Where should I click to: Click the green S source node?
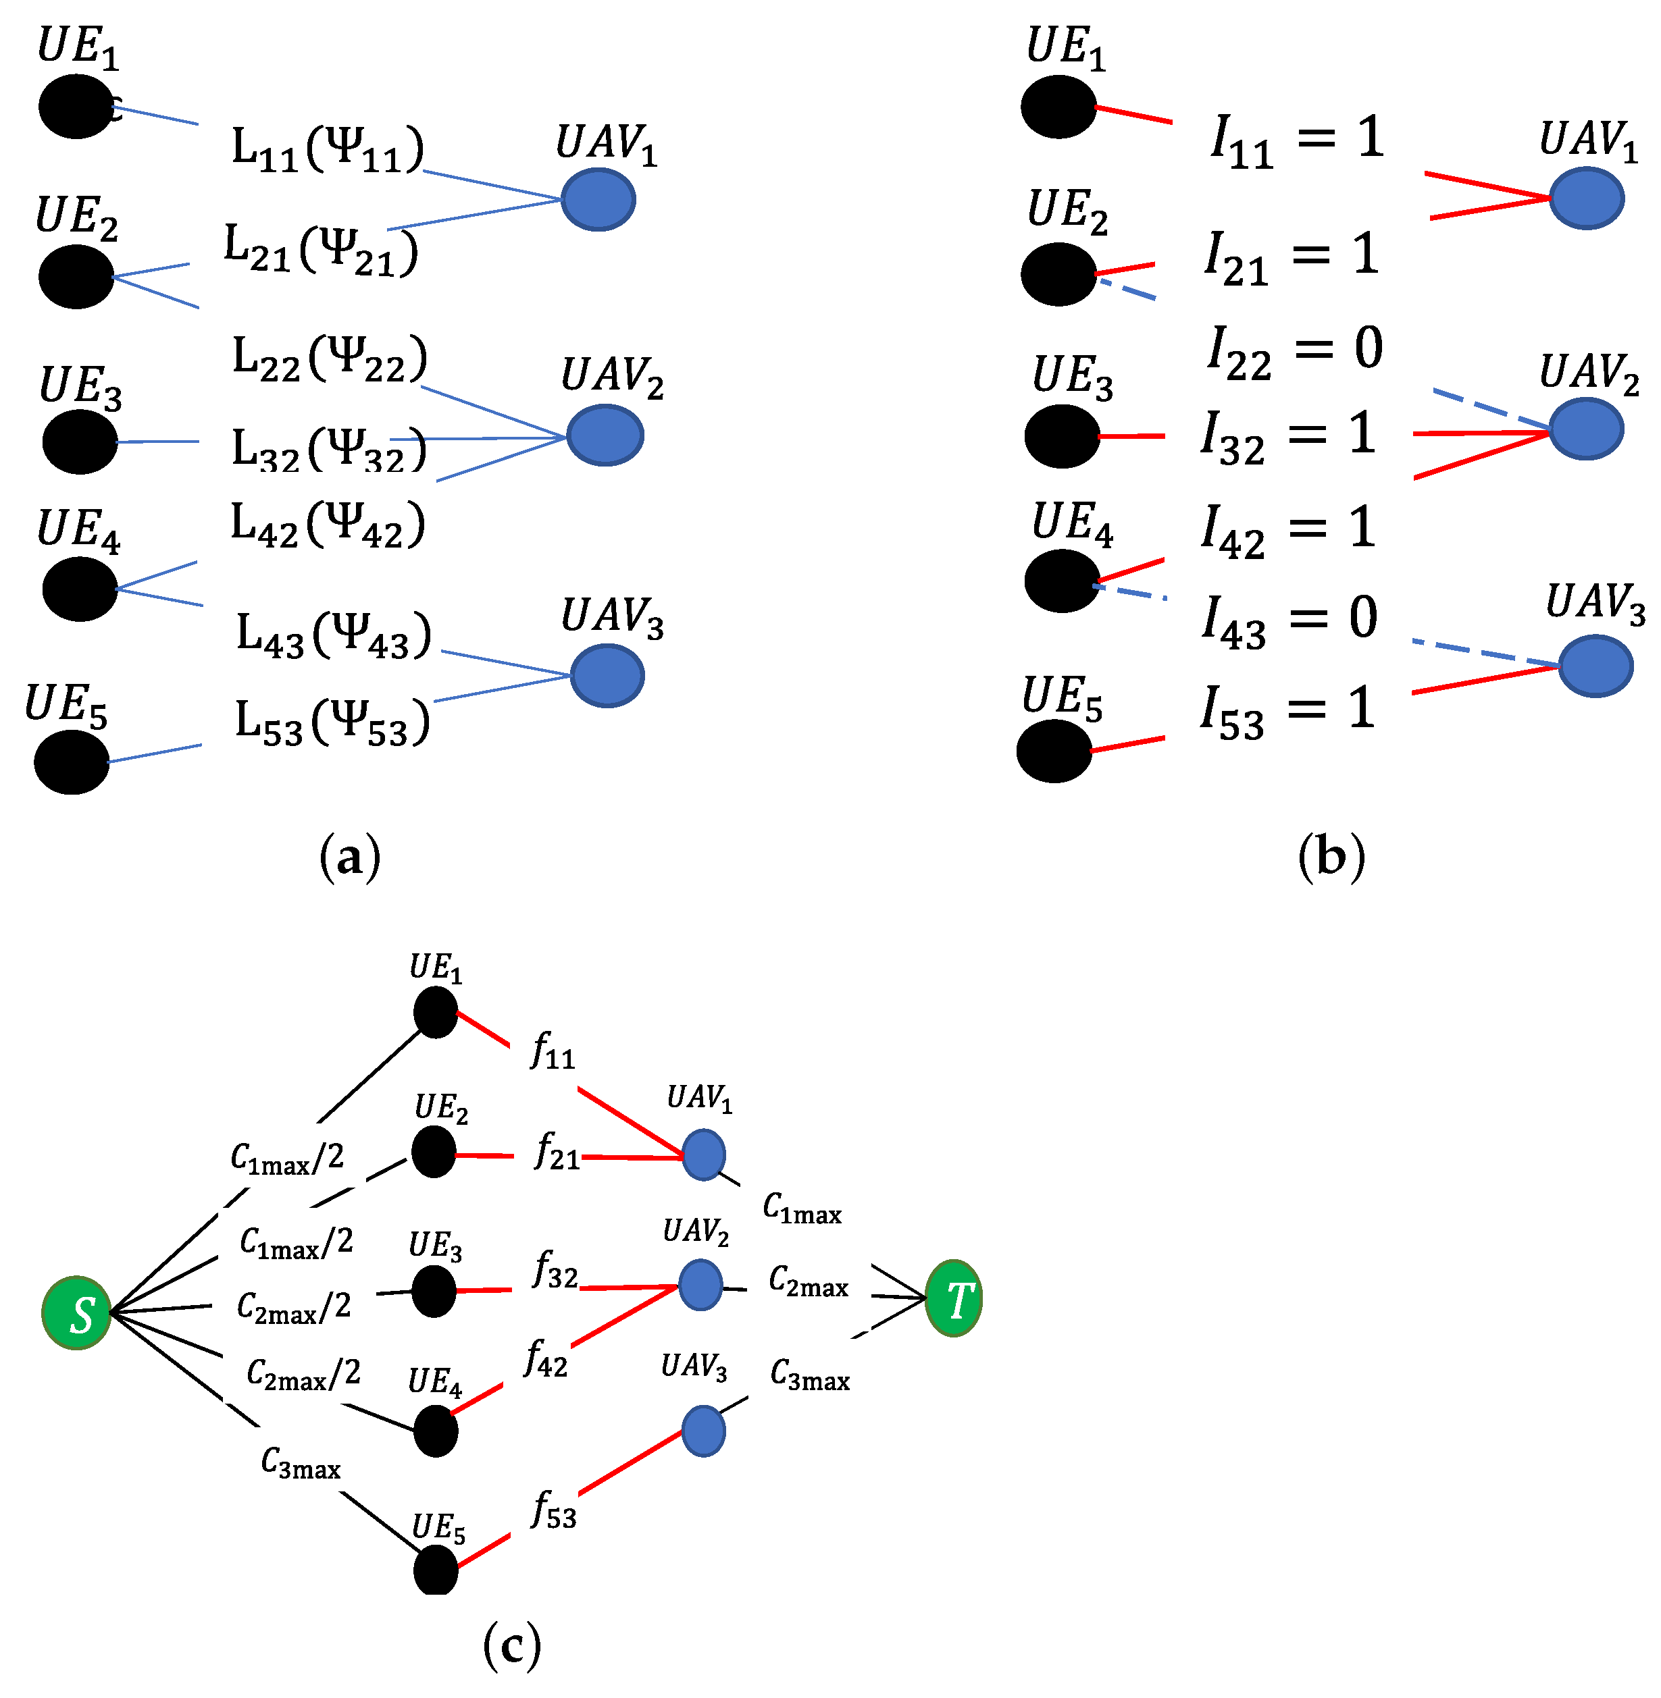point(77,1312)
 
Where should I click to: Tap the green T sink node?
point(954,1298)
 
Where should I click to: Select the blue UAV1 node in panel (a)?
point(598,200)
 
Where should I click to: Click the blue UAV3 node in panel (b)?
point(1595,666)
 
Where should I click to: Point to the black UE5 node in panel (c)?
point(435,1570)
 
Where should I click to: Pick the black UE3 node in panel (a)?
point(80,442)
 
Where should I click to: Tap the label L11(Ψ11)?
point(328,149)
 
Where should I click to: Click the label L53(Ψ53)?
point(332,723)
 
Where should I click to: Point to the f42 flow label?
point(546,1359)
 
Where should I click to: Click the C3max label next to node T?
point(810,1375)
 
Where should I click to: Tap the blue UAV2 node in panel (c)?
point(700,1285)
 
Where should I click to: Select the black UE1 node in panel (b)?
point(1059,107)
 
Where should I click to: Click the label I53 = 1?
point(1287,712)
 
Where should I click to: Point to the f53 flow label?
point(554,1510)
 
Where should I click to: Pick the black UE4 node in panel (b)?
point(1063,581)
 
